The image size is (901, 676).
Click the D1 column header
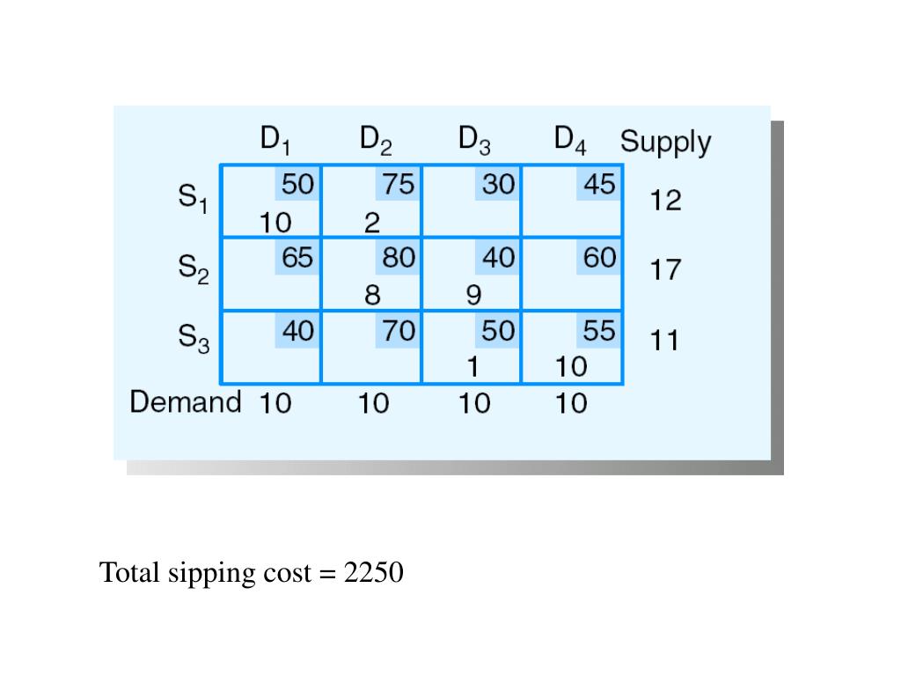pos(275,140)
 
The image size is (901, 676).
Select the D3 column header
pos(474,140)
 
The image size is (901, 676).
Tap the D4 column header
pos(570,140)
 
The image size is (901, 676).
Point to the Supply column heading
pos(665,142)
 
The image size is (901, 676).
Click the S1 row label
pos(194,200)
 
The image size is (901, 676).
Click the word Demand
pos(186,402)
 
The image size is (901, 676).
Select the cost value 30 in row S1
pos(498,185)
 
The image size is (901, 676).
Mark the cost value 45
pos(599,185)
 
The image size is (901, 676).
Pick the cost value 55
pos(599,331)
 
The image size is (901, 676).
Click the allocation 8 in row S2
pos(373,295)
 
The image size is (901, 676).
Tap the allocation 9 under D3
pos(473,295)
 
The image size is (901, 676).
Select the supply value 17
pos(666,268)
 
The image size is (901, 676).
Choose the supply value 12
pos(666,201)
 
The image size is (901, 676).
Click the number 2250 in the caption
pos(374,573)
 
